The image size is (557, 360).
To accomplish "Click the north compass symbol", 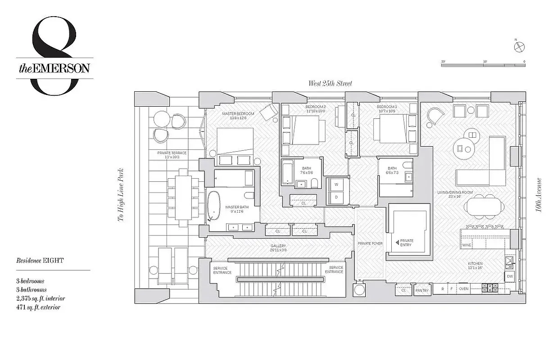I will (x=519, y=45).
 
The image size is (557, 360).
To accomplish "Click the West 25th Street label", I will (x=330, y=83).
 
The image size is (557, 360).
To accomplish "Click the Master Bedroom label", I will (x=238, y=116).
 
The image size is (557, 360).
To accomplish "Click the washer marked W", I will (x=335, y=184).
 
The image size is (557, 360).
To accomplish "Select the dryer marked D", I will (x=335, y=197).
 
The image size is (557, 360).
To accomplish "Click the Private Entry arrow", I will (x=397, y=243).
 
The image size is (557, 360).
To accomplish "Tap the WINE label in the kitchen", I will (x=466, y=245).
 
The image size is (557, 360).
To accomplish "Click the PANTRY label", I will (x=422, y=291).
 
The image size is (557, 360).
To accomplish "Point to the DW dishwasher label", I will (x=509, y=276).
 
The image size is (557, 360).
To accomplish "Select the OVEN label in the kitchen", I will (x=463, y=289).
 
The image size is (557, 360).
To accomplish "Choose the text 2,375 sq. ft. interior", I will (x=41, y=298).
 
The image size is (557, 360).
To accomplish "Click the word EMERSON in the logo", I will (x=62, y=68).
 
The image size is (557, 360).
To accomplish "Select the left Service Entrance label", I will (x=222, y=270).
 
